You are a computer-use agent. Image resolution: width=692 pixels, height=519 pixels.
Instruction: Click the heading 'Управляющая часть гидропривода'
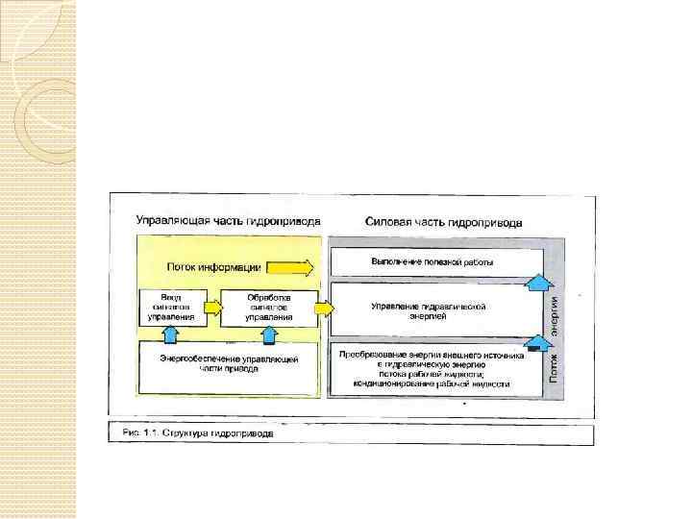click(228, 220)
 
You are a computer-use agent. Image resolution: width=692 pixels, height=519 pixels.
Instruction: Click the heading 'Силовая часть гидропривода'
click(443, 221)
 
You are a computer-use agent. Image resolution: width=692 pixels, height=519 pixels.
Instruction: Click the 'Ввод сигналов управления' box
click(172, 307)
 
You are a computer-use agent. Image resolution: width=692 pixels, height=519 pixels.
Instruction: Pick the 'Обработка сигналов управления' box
click(269, 307)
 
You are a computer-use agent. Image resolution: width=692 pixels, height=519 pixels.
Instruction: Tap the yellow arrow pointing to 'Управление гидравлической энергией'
click(324, 309)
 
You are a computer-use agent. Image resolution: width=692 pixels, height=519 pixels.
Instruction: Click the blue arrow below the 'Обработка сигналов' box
click(270, 333)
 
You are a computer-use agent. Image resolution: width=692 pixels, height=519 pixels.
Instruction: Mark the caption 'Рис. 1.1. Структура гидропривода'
click(197, 432)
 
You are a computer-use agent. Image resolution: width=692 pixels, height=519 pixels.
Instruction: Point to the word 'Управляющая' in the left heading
click(169, 220)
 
